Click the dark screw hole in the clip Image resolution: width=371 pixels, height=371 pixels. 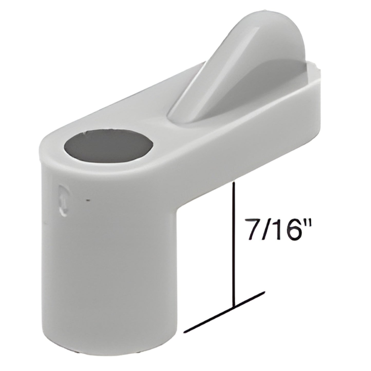(x=108, y=146)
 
